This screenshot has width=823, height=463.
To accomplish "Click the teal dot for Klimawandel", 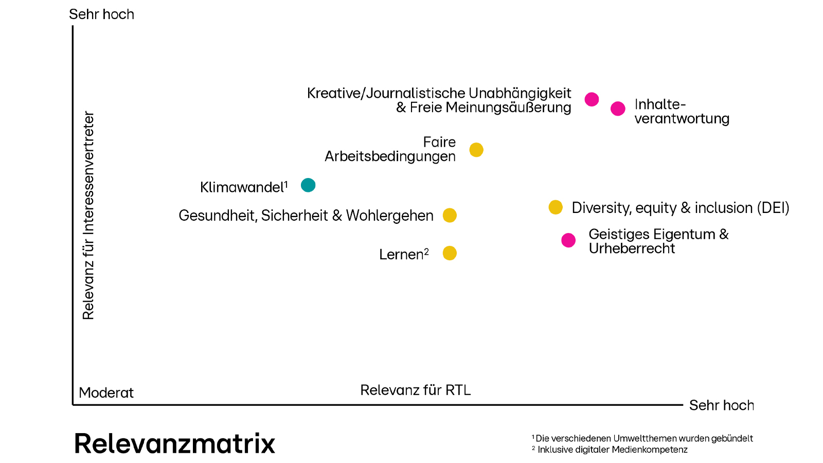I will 308,185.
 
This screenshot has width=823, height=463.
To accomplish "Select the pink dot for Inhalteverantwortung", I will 618,109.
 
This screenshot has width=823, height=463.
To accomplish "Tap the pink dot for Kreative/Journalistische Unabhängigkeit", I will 592,99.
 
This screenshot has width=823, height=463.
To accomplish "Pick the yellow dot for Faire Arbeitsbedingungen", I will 476,150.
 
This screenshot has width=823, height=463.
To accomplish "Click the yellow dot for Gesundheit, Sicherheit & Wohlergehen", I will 450,215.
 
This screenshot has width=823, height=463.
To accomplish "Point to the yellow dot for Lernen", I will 450,253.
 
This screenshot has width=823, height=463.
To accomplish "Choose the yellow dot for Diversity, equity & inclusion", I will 556,207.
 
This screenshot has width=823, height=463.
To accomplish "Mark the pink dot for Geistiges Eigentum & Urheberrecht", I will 568,240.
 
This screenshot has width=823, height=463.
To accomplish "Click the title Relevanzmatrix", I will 175,443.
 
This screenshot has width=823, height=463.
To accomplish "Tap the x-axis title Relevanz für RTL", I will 416,390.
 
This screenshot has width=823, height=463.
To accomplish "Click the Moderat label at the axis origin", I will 106,393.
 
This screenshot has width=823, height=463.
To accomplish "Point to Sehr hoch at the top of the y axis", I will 101,14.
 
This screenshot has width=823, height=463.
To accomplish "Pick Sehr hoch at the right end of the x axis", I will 721,405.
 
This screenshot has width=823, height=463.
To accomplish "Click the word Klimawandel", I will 242,187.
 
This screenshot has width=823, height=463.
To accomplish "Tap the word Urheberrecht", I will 632,248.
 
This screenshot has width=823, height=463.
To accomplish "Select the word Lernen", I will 401,255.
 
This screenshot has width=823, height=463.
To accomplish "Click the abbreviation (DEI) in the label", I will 773,208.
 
